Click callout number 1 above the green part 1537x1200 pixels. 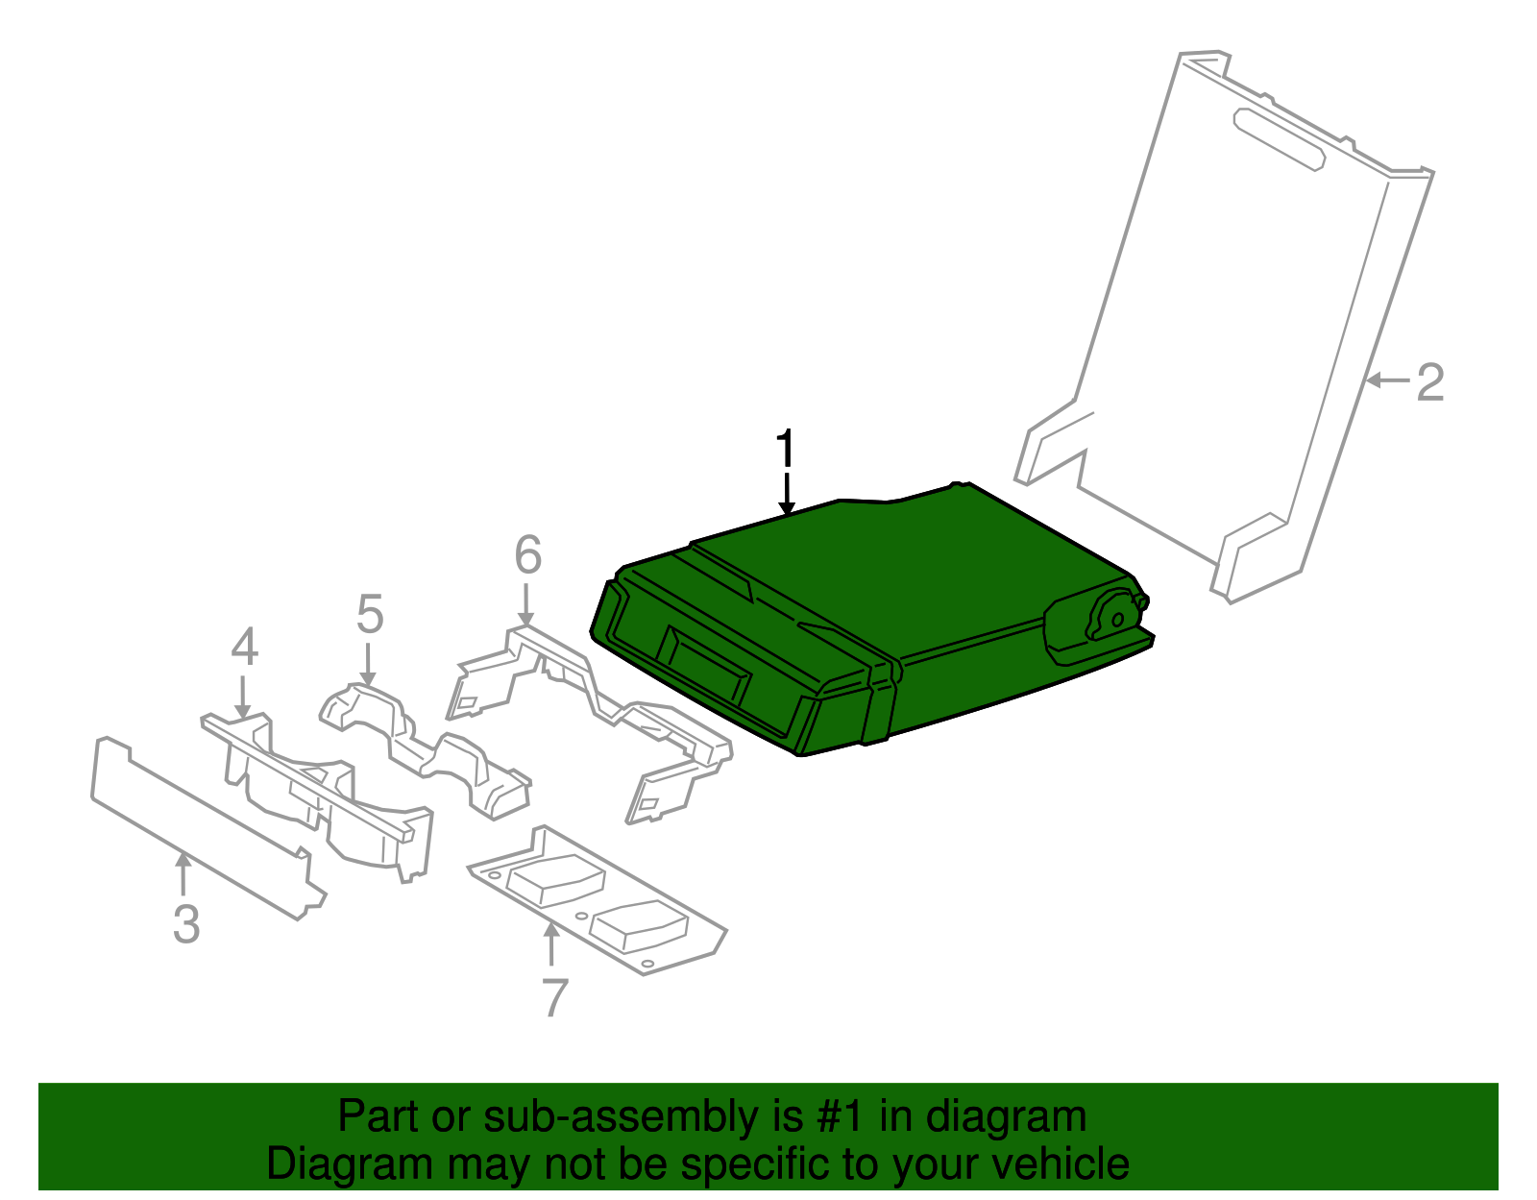(786, 448)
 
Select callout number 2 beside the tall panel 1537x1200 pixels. (1430, 382)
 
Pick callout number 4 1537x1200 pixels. (245, 647)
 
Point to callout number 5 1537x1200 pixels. (370, 614)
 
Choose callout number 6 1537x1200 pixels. (527, 554)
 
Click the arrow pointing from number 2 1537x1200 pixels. (1388, 381)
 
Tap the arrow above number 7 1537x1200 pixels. (551, 945)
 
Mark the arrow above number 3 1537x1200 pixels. (183, 875)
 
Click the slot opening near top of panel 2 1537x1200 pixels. (1279, 140)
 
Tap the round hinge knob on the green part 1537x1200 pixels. (1115, 616)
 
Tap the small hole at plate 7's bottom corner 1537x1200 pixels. (646, 963)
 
